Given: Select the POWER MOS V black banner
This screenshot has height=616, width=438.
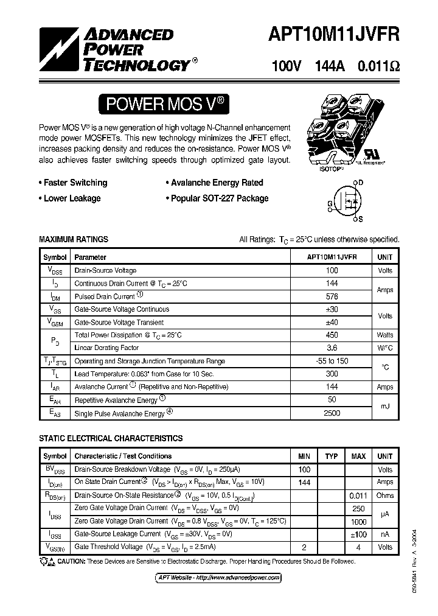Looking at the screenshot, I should point(165,104).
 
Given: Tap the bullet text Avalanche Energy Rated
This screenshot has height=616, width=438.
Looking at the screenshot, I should point(217,183).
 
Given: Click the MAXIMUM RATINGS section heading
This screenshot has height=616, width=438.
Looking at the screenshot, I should point(74,240).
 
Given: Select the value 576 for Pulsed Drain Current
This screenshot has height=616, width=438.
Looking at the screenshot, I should point(332,296).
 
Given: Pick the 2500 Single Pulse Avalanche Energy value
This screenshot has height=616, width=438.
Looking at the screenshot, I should point(332,413).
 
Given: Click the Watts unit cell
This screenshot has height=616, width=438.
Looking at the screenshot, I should point(384,335).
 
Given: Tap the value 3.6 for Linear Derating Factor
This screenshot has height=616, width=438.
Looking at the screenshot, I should point(332,348).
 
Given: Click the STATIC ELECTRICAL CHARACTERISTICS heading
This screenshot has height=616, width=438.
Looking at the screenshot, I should point(111,438).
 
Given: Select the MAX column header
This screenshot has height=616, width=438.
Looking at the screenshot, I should point(358,456).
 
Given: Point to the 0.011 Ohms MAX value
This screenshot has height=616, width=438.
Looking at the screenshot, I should point(358,495).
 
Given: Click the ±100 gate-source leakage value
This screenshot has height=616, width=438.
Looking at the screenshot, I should point(358,534).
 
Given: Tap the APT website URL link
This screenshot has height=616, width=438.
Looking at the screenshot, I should point(215,577).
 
